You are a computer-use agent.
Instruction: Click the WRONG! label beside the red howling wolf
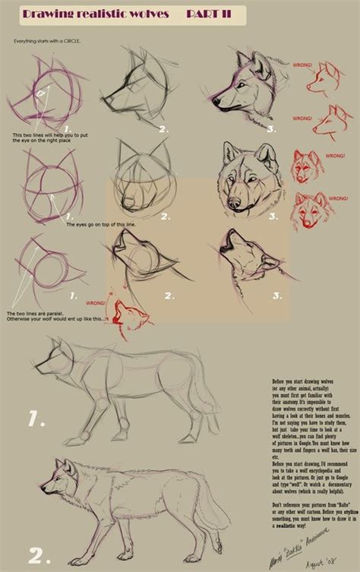(x=96, y=301)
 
